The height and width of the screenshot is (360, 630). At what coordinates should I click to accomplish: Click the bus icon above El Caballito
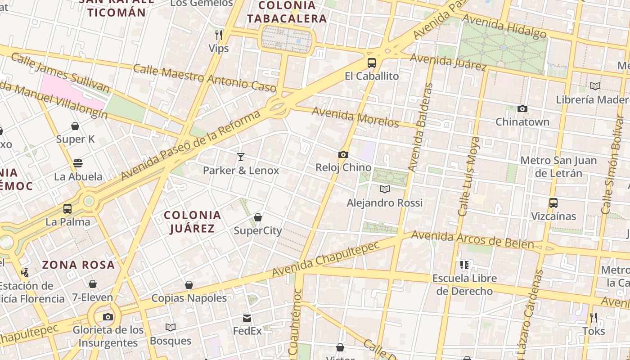(x=371, y=63)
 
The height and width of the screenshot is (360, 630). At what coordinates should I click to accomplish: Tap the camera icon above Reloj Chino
(x=343, y=155)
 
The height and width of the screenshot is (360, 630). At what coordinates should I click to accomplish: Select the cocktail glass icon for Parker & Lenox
(x=241, y=157)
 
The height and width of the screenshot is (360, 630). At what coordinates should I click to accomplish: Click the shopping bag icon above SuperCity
(x=258, y=218)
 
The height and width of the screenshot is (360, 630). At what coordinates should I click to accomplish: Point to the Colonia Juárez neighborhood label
(x=193, y=222)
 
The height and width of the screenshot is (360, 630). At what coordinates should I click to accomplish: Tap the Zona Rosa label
(x=78, y=265)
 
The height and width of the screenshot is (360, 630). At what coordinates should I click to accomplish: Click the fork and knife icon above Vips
(x=219, y=35)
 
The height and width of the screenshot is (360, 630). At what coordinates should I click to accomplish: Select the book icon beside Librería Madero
(x=595, y=86)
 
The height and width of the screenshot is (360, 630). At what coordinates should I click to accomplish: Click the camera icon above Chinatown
(x=522, y=108)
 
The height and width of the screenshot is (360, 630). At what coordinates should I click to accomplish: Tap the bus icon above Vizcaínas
(x=553, y=203)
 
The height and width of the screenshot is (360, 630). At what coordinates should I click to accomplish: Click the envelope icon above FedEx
(x=247, y=318)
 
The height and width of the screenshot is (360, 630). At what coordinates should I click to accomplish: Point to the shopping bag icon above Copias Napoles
(x=189, y=285)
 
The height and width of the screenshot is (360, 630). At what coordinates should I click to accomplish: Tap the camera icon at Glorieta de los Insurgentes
(x=108, y=317)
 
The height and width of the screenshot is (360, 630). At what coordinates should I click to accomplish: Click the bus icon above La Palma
(x=67, y=209)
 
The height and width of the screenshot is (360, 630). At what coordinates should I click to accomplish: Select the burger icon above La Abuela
(x=78, y=163)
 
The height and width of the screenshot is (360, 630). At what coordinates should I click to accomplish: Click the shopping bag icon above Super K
(x=75, y=126)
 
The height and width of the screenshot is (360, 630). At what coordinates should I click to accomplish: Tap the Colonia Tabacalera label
(x=287, y=12)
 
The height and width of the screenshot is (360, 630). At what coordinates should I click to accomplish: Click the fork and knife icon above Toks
(x=594, y=318)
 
